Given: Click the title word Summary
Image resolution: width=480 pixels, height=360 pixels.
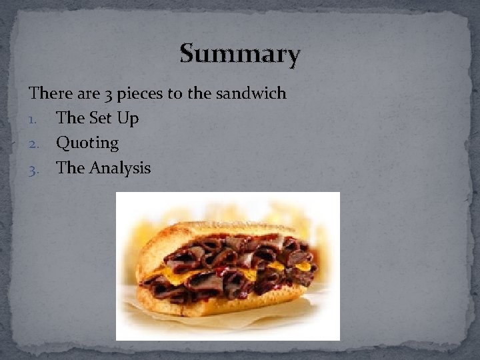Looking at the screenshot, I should [x=240, y=53].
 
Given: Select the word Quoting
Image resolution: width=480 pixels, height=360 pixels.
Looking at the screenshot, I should [x=87, y=143].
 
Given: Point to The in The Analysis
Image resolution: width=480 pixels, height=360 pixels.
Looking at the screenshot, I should [x=71, y=167].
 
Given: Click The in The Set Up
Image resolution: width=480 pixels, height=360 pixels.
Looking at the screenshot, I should [x=71, y=118].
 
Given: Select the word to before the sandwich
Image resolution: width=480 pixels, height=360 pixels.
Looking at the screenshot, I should [x=175, y=93].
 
